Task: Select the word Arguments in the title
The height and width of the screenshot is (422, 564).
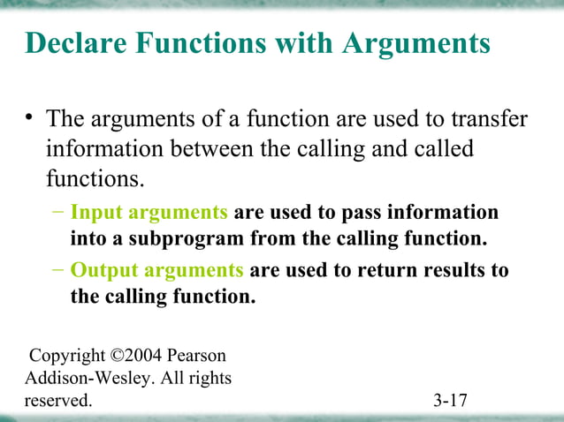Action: [x=413, y=42]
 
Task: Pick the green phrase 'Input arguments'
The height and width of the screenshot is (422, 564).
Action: [x=149, y=213]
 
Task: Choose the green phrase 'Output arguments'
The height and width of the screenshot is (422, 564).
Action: [x=156, y=270]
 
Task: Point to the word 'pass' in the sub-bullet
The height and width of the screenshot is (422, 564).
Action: [x=365, y=213]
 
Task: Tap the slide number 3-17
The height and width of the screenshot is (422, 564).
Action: [x=450, y=402]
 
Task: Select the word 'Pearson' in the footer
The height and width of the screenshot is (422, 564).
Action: [x=199, y=356]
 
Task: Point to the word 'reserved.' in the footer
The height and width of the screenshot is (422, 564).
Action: [x=57, y=402]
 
